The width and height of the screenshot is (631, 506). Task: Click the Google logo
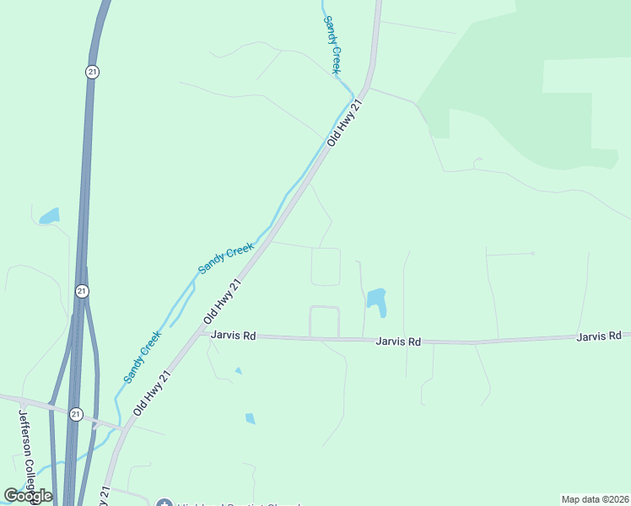tap(29, 496)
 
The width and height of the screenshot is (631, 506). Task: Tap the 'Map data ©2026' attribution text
tap(594, 498)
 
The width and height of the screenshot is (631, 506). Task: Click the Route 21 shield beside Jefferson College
tap(77, 414)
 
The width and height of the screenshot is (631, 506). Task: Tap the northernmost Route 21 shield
tap(92, 73)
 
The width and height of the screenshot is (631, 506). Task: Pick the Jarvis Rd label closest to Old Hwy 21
tap(233, 335)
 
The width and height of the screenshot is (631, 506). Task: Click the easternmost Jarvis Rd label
tap(599, 336)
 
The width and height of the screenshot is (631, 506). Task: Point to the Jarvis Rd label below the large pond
tap(398, 342)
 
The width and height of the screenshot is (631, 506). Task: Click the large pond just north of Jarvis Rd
tap(376, 301)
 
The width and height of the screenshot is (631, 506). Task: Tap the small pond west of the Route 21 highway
tap(50, 216)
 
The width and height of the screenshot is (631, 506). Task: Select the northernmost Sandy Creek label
tap(333, 44)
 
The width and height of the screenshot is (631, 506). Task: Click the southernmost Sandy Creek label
tap(143, 357)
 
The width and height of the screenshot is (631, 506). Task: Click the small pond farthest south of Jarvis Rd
tap(250, 418)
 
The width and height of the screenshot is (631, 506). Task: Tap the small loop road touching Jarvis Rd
tap(324, 321)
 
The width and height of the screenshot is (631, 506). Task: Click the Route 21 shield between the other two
tap(81, 291)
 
